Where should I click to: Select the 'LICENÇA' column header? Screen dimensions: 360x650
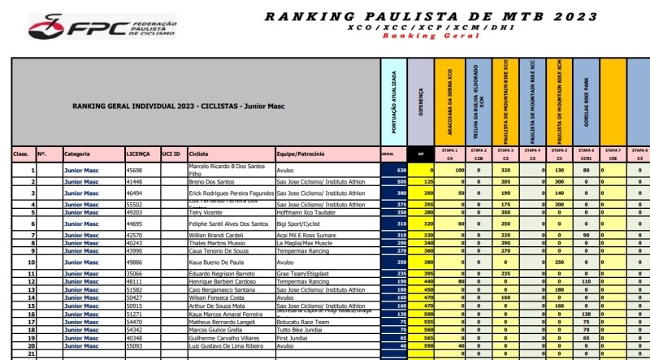coord(137,153)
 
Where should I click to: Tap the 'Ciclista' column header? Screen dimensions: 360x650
coord(198,153)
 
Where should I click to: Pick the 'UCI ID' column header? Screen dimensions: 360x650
coord(171,153)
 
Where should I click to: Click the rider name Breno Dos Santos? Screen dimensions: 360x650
coord(211,183)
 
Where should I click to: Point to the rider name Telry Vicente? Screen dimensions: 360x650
coord(206,212)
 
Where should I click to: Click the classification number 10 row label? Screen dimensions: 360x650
coord(32,263)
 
